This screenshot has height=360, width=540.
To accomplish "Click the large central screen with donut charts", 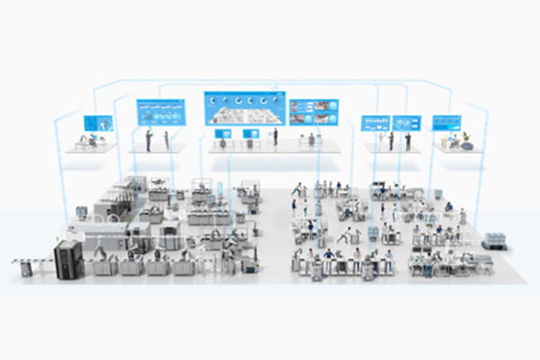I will point(245,109).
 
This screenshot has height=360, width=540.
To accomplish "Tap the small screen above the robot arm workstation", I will point(98,121).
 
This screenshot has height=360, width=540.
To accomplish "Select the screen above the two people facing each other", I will point(160,112).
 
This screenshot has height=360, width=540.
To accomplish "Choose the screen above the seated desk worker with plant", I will point(446,121).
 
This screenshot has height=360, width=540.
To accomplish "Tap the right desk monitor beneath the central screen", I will point(253,133).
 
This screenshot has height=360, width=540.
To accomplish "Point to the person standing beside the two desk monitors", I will point(275,137).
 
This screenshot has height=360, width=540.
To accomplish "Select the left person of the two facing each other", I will point(148,139).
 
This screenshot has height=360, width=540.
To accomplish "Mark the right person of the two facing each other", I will point(166,139).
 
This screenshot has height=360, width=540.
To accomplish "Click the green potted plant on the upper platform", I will point(467,138).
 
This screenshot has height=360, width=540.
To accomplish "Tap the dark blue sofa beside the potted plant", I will point(466,146).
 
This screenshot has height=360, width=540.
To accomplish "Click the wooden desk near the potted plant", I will point(446,144).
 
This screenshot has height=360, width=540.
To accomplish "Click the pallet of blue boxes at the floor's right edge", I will point(494,240).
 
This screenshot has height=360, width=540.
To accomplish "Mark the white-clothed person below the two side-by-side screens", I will point(391,140).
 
